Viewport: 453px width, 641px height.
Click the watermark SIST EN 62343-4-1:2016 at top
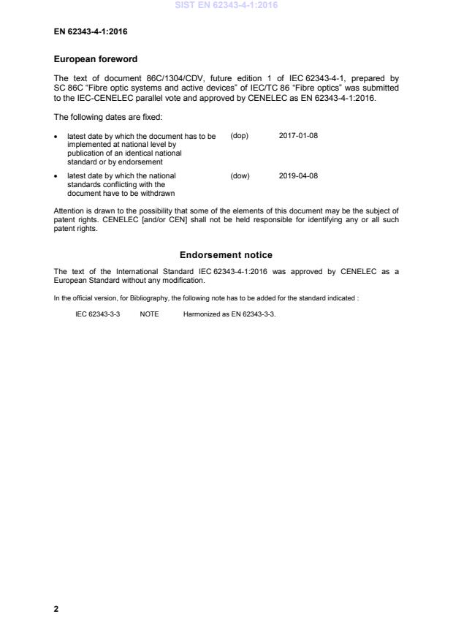click(x=226, y=5)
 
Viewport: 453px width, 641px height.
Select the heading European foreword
click(x=96, y=58)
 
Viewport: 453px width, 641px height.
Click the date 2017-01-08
click(x=298, y=136)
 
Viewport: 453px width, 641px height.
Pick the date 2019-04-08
click(x=298, y=175)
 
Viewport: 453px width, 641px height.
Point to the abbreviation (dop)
click(x=240, y=136)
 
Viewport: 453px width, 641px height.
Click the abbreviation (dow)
click(x=240, y=175)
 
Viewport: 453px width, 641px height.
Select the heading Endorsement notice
click(x=226, y=255)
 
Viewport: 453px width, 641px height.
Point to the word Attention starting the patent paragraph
click(x=69, y=210)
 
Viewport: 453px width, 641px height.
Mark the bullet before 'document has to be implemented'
click(x=57, y=137)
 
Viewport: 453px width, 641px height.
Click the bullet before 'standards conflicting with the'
click(x=57, y=176)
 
